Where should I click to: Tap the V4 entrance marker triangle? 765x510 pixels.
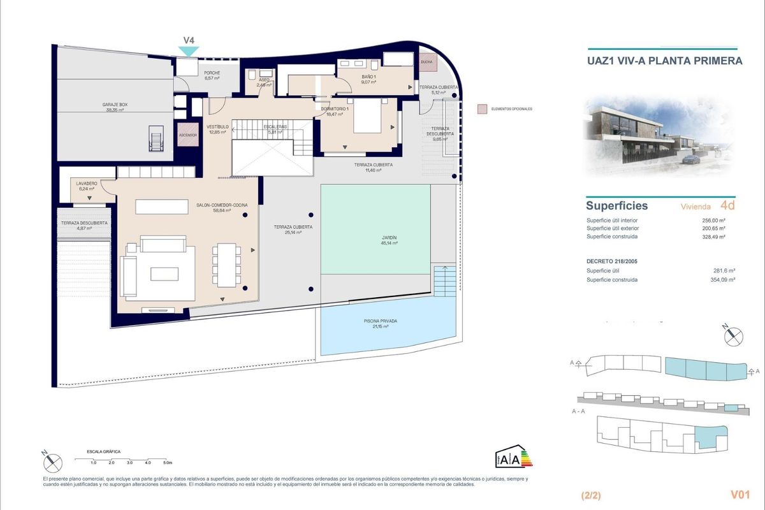pyautogui.click(x=189, y=50)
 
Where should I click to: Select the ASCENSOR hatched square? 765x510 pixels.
pyautogui.click(x=188, y=135)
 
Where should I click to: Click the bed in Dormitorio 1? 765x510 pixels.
pyautogui.click(x=367, y=115)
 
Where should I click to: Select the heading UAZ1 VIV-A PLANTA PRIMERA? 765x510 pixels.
pyautogui.click(x=664, y=61)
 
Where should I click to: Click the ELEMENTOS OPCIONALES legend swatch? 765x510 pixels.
pyautogui.click(x=482, y=109)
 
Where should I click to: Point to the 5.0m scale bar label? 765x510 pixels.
pyautogui.click(x=167, y=462)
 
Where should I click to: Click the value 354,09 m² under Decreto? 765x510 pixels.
pyautogui.click(x=723, y=280)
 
